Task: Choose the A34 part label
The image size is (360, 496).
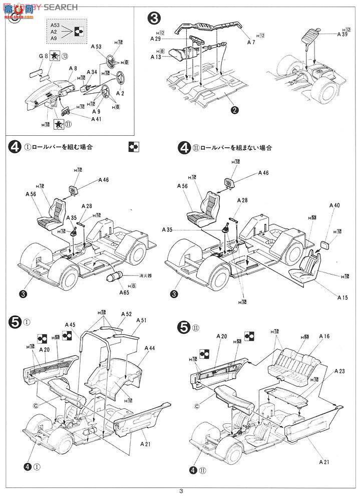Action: tap(92, 72)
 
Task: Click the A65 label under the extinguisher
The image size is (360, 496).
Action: tap(124, 292)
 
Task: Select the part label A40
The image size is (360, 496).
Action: tap(334, 205)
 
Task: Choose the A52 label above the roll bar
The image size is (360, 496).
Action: tap(126, 314)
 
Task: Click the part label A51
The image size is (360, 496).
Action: tap(141, 321)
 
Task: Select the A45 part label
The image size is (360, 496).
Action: tap(70, 325)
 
